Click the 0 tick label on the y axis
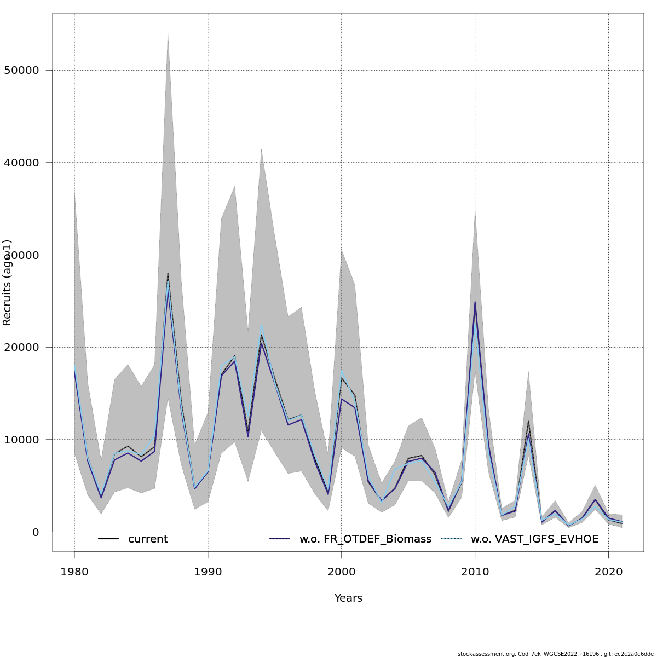pos(36,532)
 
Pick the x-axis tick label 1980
pos(74,572)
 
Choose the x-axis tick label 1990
pos(208,572)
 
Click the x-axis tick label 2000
pos(342,572)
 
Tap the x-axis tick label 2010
pos(475,572)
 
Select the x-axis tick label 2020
pos(609,572)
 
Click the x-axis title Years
pos(348,598)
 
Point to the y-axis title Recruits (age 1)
pos(7,283)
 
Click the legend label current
pos(148,539)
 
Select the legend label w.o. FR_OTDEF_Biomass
pos(365,539)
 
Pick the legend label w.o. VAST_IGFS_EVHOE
pos(534,539)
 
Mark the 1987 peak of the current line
pos(168,273)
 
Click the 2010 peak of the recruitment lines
pos(475,302)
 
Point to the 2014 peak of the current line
pos(528,421)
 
